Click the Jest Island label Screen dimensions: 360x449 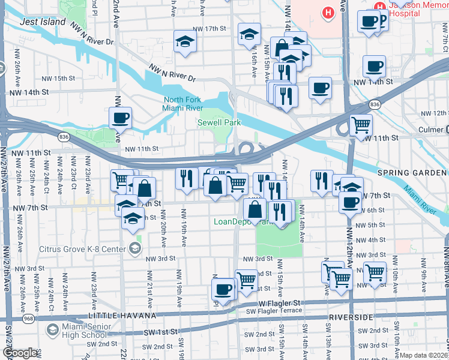click(x=43, y=22)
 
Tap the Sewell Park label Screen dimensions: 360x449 click(x=219, y=123)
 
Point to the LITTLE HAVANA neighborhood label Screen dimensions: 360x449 click(x=122, y=316)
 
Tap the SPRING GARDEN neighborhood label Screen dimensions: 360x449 click(x=412, y=173)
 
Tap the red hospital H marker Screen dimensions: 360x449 click(x=328, y=12)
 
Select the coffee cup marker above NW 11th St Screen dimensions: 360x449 click(x=120, y=118)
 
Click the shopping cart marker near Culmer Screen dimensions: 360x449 click(x=360, y=124)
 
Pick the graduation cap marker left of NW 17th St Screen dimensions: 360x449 click(x=185, y=41)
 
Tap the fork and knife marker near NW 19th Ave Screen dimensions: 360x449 click(x=187, y=177)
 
